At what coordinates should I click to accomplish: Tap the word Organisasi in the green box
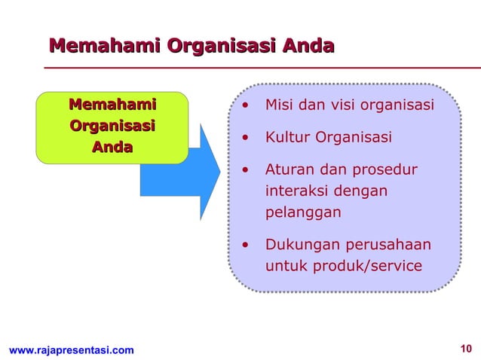click(x=112, y=126)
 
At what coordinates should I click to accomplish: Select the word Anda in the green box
click(x=112, y=147)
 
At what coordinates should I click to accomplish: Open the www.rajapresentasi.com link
click(x=71, y=350)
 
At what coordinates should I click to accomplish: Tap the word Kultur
click(x=287, y=138)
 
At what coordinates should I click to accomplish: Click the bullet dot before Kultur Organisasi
click(x=244, y=138)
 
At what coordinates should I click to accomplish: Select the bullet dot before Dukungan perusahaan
click(x=244, y=245)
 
